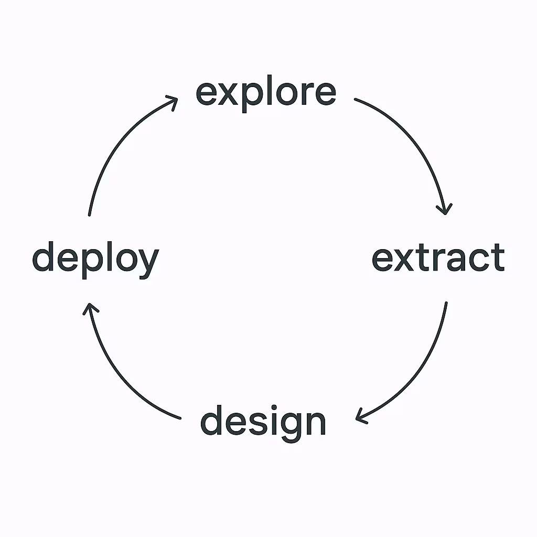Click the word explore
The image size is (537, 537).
(266, 93)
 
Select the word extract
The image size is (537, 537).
(438, 257)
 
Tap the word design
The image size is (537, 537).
(263, 423)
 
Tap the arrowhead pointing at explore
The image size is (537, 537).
(173, 100)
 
